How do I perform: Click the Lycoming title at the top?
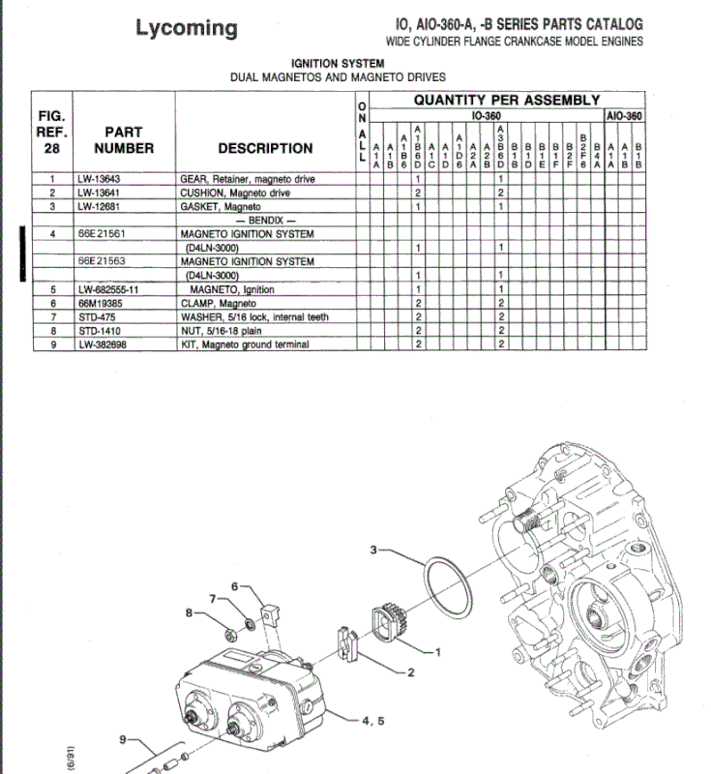(x=186, y=28)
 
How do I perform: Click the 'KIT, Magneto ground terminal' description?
(x=245, y=344)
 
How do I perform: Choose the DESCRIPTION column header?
(x=265, y=148)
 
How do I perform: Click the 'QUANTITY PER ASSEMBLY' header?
(x=506, y=100)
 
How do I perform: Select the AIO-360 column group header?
(x=626, y=114)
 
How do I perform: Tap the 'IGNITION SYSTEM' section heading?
(x=338, y=63)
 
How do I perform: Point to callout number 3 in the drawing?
(x=373, y=550)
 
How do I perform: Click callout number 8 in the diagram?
(x=190, y=611)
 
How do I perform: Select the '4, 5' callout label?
(x=372, y=721)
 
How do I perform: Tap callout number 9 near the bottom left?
(x=123, y=740)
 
